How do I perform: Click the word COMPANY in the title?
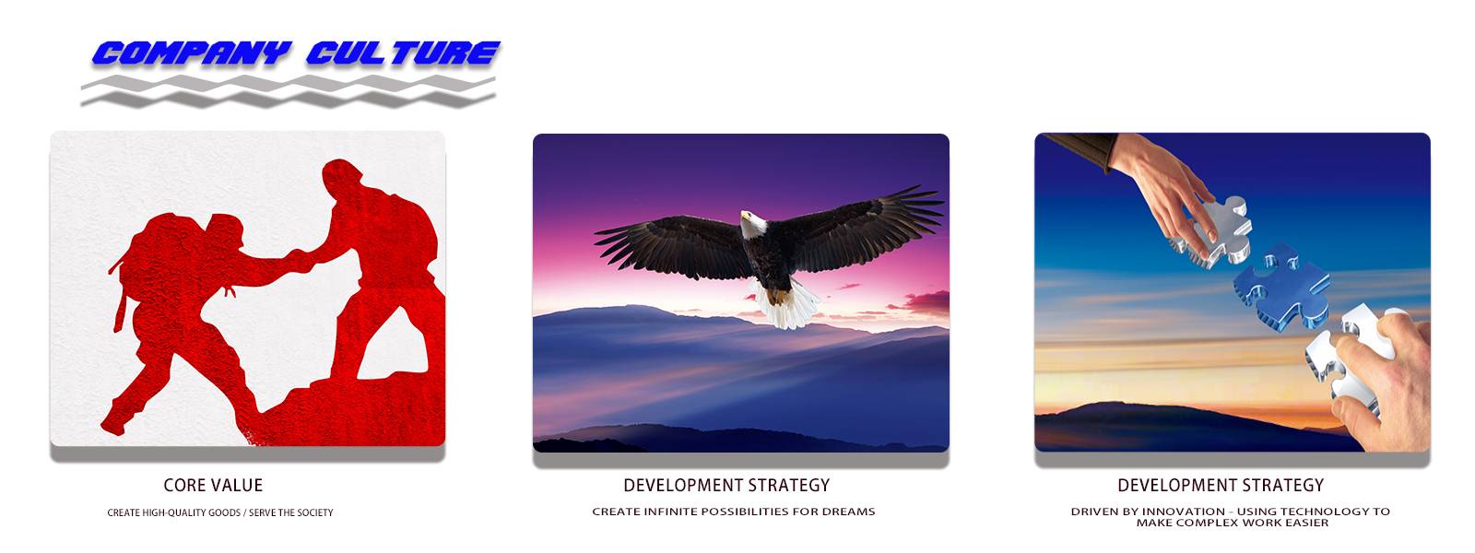click(192, 53)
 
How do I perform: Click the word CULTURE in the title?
click(403, 53)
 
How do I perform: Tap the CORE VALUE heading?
click(213, 485)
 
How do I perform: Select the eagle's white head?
click(751, 224)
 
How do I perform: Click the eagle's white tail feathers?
click(786, 304)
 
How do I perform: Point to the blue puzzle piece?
click(1281, 287)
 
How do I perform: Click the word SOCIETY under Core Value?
click(315, 512)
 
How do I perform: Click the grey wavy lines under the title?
click(288, 91)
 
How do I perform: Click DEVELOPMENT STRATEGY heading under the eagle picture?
click(726, 485)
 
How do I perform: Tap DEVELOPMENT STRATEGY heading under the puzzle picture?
click(1221, 485)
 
